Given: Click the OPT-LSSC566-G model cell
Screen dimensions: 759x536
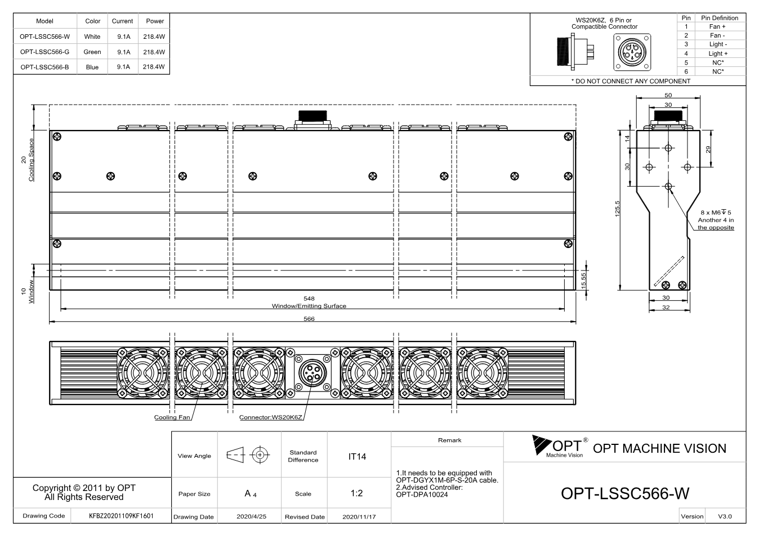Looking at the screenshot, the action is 44,52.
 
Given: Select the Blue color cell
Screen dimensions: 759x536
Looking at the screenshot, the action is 92,67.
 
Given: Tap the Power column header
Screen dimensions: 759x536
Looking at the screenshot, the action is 155,21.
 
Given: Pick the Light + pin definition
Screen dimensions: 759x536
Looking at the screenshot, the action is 718,53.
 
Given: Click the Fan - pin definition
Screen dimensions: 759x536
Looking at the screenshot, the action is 717,35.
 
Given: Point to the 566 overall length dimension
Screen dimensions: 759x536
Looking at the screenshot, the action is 309,318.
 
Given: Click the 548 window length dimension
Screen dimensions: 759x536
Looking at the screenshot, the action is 309,299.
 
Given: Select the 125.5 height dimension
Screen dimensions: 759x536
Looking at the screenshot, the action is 617,209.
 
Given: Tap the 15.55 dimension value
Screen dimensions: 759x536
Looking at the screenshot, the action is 583,281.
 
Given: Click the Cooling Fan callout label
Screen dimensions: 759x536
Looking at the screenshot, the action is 172,417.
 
